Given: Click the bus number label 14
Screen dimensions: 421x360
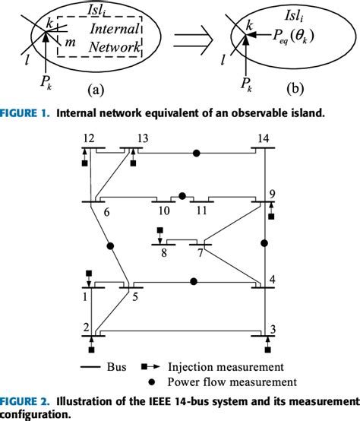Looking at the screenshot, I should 264,139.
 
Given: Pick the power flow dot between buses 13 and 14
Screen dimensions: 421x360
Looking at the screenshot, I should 197,154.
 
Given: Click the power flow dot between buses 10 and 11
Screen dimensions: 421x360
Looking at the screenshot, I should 182,195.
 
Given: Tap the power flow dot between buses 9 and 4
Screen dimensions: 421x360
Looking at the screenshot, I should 264,244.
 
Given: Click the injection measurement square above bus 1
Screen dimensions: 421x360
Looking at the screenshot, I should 89,273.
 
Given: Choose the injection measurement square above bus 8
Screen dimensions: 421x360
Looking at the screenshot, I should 159,230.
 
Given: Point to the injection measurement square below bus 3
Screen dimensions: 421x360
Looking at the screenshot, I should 268,351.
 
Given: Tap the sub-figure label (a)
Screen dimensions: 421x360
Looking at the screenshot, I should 96,90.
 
